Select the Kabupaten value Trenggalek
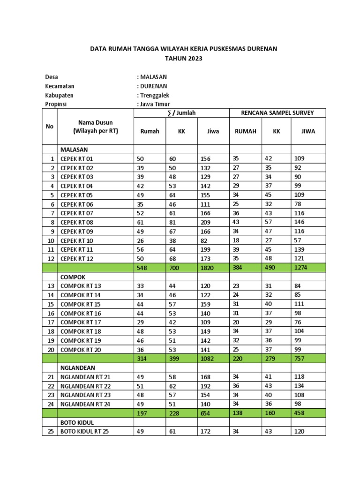[x=153, y=95]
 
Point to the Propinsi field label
[x=57, y=104]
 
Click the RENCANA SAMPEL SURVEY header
[x=277, y=113]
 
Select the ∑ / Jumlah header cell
[x=180, y=113]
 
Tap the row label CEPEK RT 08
[x=77, y=222]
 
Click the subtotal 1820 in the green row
[x=207, y=268]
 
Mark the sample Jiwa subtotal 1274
[x=300, y=268]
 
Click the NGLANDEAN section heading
[x=78, y=368]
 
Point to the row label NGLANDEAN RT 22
[x=86, y=386]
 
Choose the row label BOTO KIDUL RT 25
[x=84, y=432]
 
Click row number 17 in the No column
[x=51, y=322]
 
